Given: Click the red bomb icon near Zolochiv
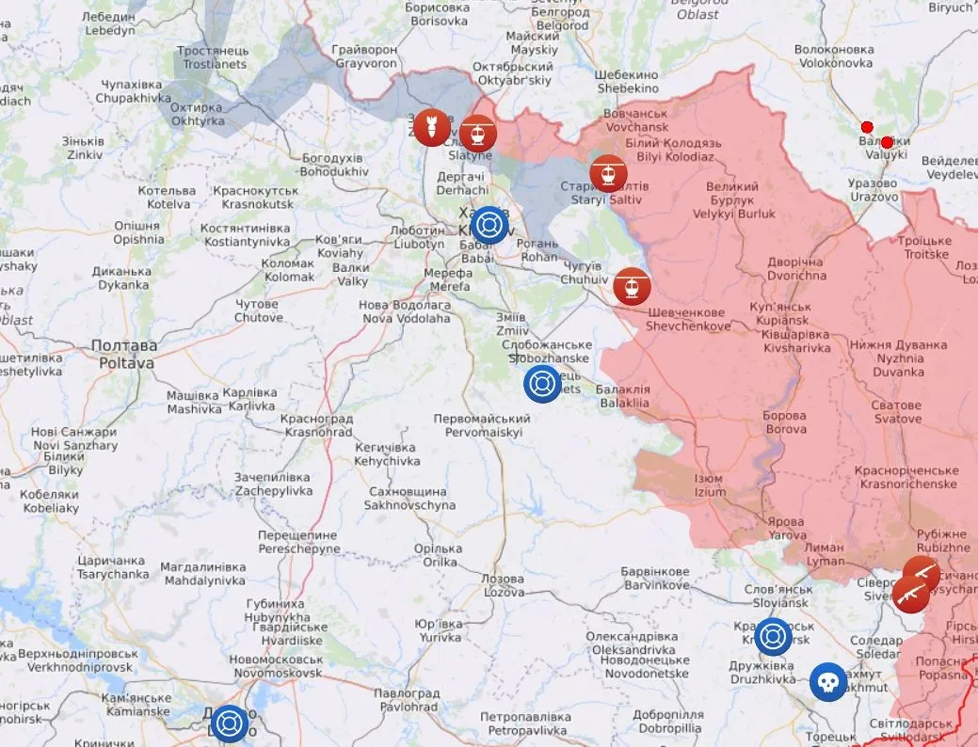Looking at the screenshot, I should [x=431, y=128].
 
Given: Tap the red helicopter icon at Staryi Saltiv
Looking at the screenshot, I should [x=608, y=173].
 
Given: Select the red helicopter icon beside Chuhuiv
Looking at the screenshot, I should [x=632, y=286].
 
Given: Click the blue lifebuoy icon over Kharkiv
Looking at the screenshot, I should [x=489, y=225].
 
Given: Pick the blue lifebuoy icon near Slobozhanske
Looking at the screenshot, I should [x=542, y=384].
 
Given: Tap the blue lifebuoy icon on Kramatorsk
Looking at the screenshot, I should [x=774, y=636].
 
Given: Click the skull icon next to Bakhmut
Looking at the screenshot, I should [x=828, y=682].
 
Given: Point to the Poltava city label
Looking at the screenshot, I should [x=124, y=353].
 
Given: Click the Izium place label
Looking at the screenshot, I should [x=711, y=485].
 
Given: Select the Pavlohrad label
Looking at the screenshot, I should [x=406, y=700].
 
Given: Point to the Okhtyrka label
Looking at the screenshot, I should [x=196, y=115].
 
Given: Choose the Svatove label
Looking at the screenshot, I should [x=896, y=411].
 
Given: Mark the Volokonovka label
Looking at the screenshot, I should [x=833, y=56].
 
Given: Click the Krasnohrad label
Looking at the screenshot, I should [x=318, y=425].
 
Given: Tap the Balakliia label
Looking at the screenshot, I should [x=624, y=396].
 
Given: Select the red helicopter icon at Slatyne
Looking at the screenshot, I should [x=478, y=133].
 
